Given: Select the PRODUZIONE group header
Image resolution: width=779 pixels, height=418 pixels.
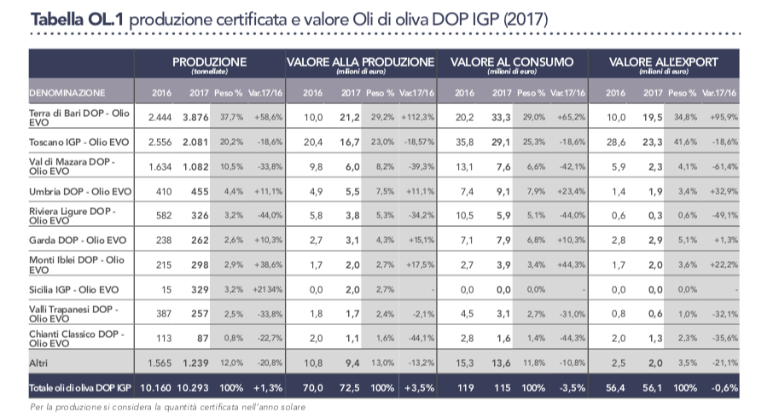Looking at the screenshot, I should (x=209, y=62).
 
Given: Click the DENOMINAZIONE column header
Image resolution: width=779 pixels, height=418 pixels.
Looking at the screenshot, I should (x=67, y=91).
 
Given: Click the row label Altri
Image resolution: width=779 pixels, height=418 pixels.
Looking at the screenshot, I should (x=39, y=363).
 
